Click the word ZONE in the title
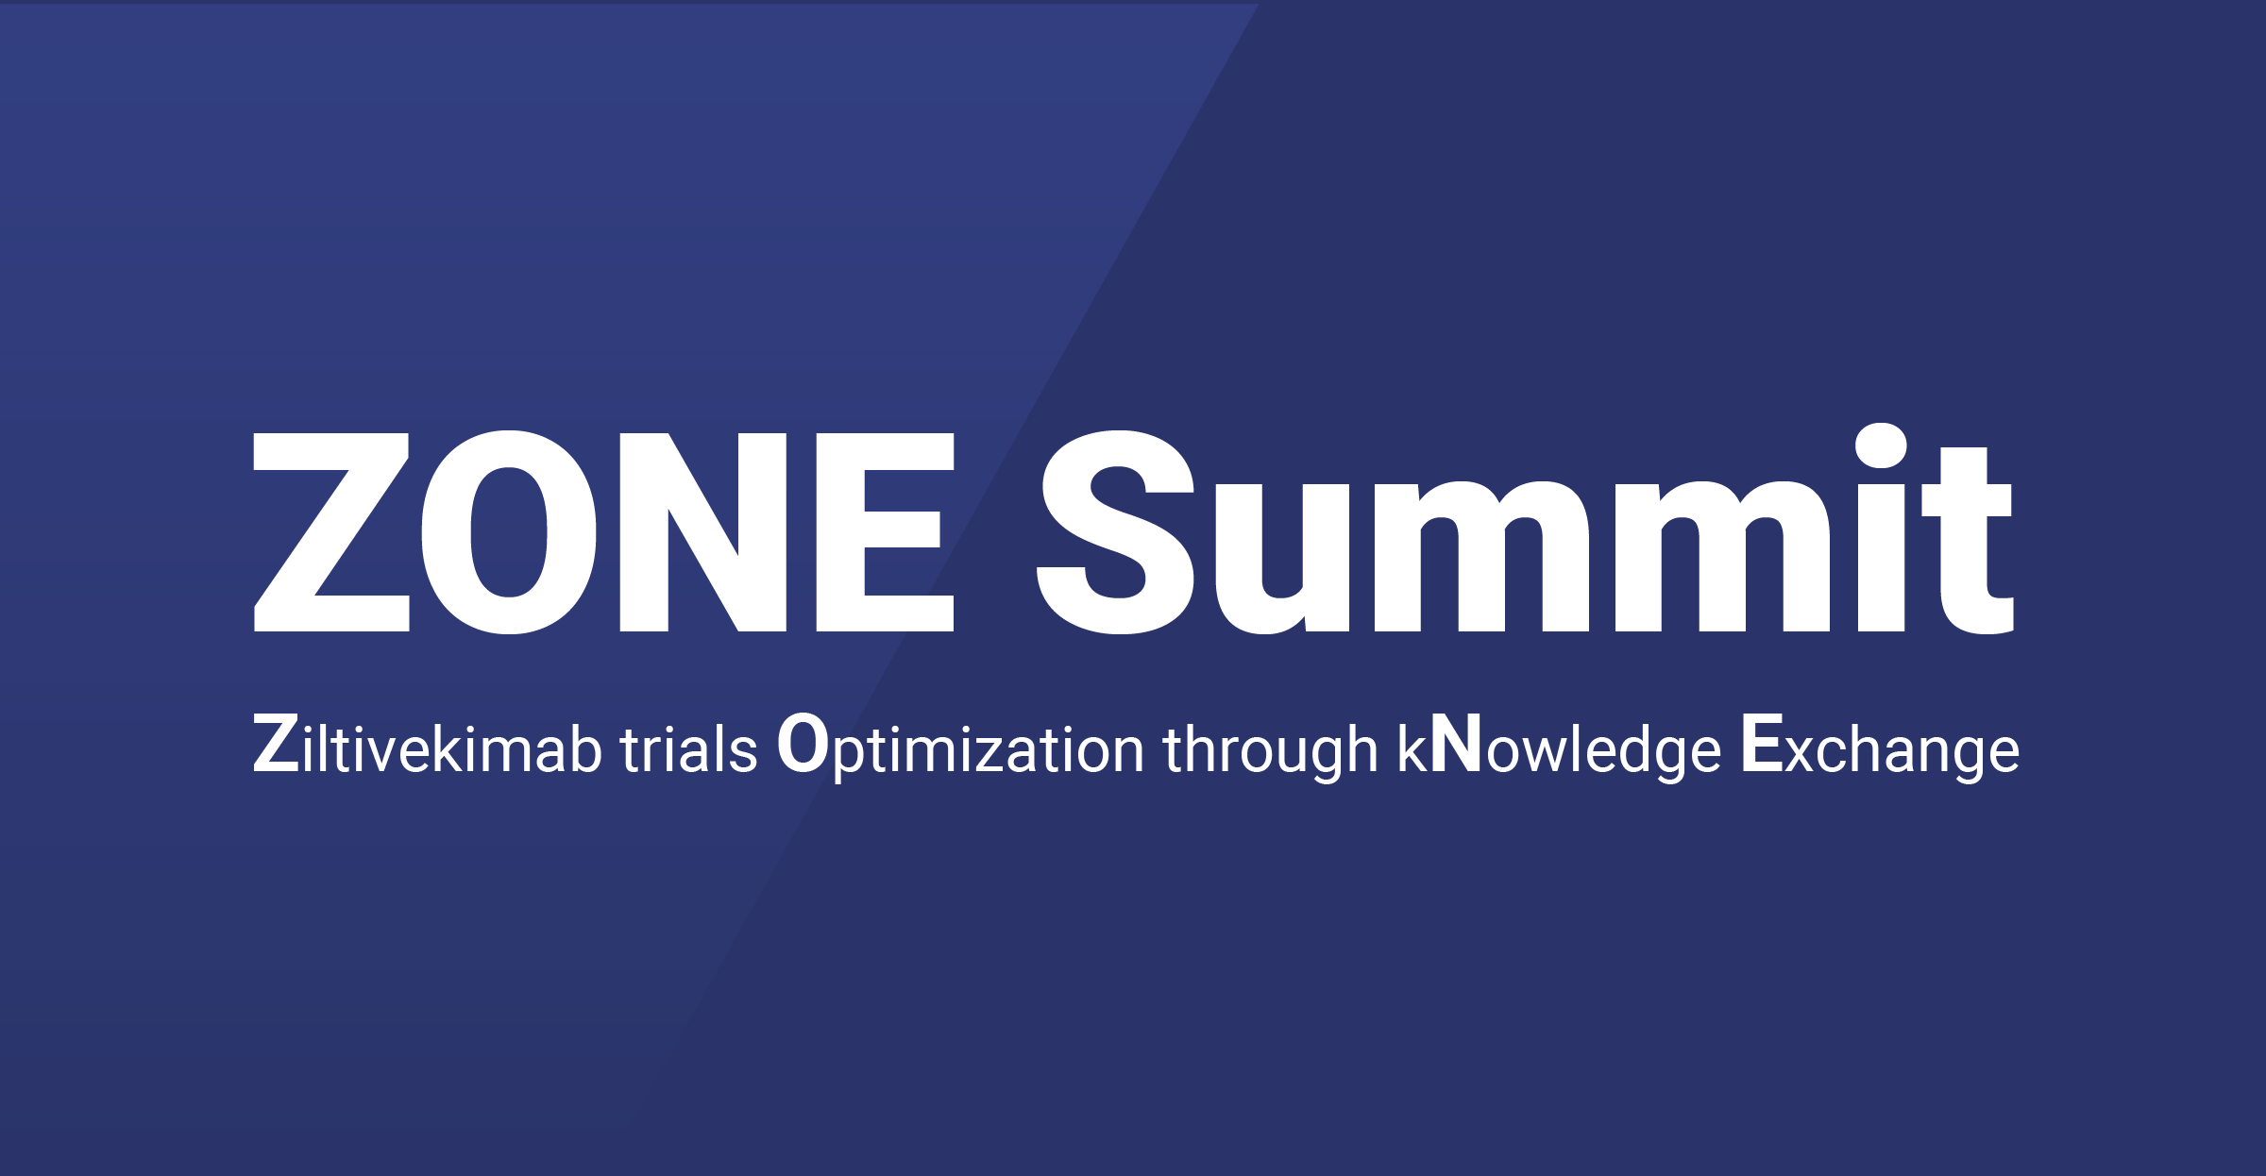(x=604, y=531)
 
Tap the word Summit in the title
(x=1525, y=529)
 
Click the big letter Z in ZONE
(x=331, y=532)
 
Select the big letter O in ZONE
(x=509, y=531)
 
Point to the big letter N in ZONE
(x=703, y=532)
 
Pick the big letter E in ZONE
(x=885, y=532)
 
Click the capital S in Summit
(x=1116, y=531)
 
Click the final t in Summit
(x=1968, y=540)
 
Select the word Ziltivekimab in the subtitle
(x=428, y=746)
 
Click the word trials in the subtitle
(x=688, y=748)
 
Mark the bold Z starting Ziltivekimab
(x=276, y=745)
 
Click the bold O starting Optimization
(x=803, y=745)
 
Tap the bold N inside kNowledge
(x=1457, y=745)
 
